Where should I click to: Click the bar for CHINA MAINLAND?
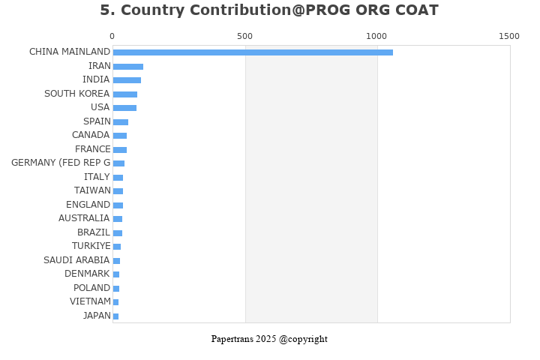(253, 52)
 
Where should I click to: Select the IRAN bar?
(128, 67)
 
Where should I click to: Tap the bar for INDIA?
(127, 80)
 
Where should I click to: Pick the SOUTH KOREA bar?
(125, 94)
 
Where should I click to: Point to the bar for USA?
(124, 108)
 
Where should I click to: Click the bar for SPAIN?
(121, 122)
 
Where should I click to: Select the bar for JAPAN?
(115, 316)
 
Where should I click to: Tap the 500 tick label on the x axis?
(244, 36)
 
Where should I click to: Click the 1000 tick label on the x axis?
(376, 36)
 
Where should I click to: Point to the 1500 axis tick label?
(508, 36)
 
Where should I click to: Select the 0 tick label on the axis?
(112, 36)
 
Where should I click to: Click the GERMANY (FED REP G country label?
(61, 163)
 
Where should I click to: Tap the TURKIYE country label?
(91, 246)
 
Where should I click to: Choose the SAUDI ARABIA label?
(76, 260)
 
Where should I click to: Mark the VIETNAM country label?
(90, 301)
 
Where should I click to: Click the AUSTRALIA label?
(84, 218)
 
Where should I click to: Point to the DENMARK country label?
(87, 274)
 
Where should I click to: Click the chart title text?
(269, 10)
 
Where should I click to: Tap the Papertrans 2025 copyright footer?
(269, 339)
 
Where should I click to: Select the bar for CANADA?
(120, 136)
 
